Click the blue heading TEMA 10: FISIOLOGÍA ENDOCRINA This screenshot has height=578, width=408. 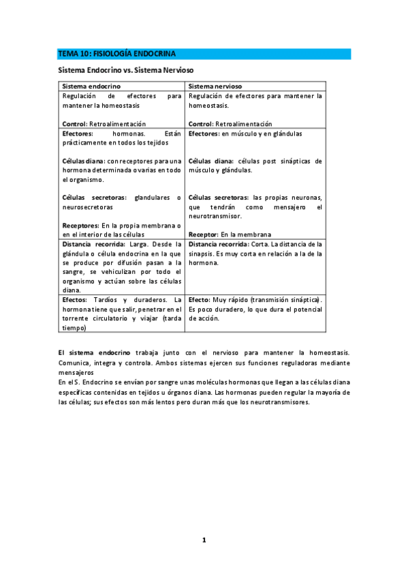tap(116, 53)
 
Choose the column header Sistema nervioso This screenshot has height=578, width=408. tap(216, 87)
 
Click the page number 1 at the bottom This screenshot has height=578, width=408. tap(203, 540)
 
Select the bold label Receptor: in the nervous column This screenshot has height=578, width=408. tap(204, 234)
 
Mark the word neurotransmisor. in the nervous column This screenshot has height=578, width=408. tap(215, 215)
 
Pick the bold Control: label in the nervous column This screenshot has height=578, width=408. tap(201, 124)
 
